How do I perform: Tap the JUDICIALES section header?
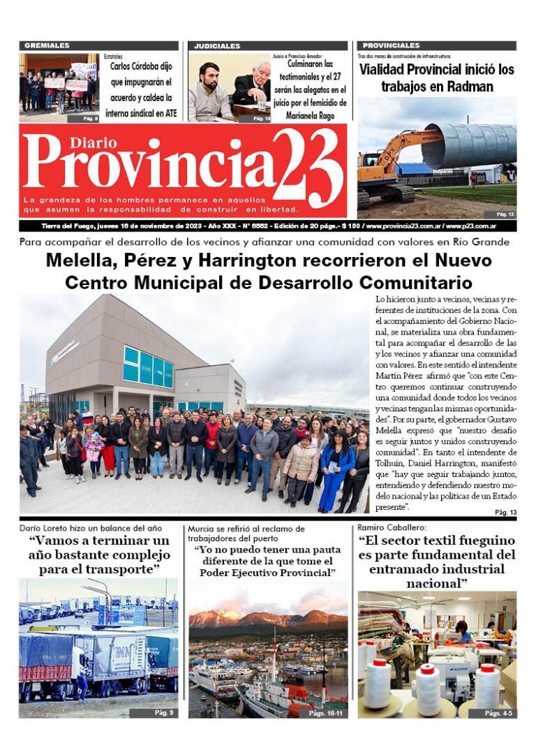[217, 46]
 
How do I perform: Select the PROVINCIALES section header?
[391, 46]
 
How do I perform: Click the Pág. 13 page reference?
[505, 513]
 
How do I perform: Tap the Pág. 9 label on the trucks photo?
[163, 712]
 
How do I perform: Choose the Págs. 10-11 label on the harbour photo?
[327, 712]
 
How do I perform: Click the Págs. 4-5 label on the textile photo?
[498, 712]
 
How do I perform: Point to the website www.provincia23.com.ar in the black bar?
[403, 226]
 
